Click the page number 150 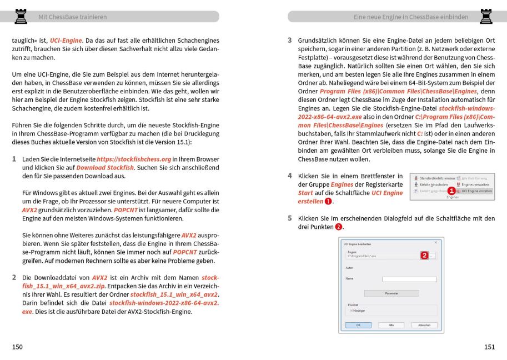(18, 347)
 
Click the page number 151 (489, 347)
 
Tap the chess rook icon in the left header (21, 16)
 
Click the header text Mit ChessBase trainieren (72, 17)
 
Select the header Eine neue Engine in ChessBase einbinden (410, 17)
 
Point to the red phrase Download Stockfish (105, 167)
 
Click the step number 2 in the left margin (14, 277)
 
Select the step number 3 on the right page (289, 41)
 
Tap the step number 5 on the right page (289, 218)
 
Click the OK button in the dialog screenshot (358, 324)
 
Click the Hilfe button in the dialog (391, 324)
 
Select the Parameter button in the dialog (391, 293)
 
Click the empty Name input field (409, 279)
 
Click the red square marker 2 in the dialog (424, 256)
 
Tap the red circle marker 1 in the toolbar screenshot (451, 191)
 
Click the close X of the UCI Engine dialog (435, 242)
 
